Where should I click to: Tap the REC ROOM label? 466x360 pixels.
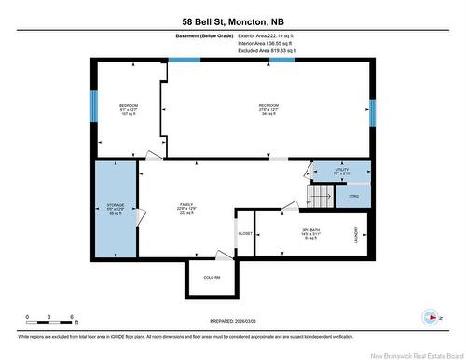(268, 105)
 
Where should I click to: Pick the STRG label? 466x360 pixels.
(353, 197)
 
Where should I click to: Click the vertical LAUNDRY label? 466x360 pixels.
(355, 237)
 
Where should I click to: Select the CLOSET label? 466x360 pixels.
(245, 233)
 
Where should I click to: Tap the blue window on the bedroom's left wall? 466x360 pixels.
(92, 105)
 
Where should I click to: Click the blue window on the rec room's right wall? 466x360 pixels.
(372, 112)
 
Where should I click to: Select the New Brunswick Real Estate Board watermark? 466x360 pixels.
(411, 353)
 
